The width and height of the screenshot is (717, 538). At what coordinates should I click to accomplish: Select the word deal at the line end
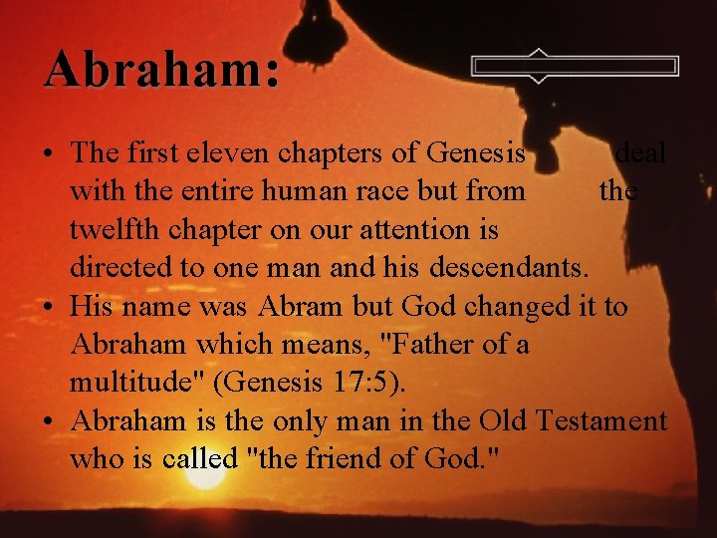click(x=640, y=153)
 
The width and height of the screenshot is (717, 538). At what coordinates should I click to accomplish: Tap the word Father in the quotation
click(x=427, y=345)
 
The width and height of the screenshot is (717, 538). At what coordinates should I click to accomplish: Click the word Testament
click(x=600, y=420)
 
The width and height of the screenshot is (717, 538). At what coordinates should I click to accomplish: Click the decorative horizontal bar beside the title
click(x=575, y=67)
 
